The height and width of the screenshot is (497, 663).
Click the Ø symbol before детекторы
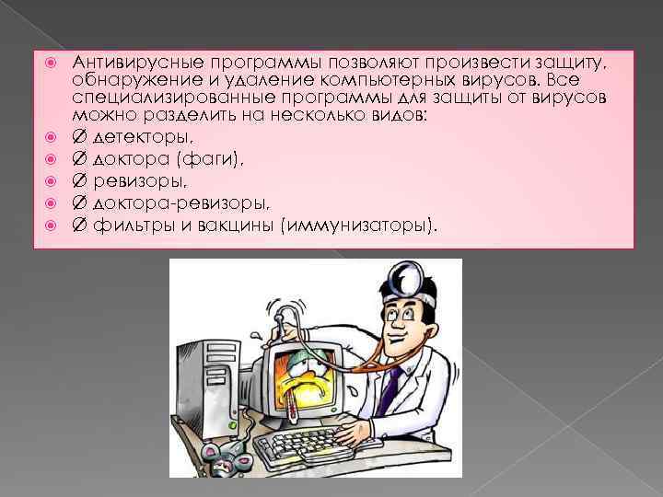click(x=80, y=137)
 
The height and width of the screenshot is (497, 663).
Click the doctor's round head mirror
click(x=406, y=275)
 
